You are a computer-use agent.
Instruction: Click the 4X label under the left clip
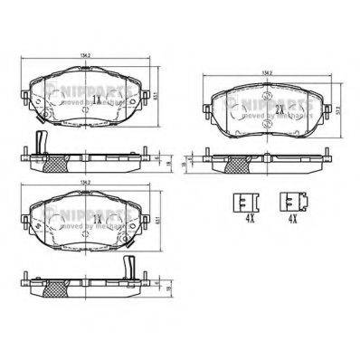(x=245, y=217)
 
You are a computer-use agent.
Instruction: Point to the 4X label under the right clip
(x=290, y=217)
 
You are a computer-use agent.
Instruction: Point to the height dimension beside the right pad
(x=337, y=110)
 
